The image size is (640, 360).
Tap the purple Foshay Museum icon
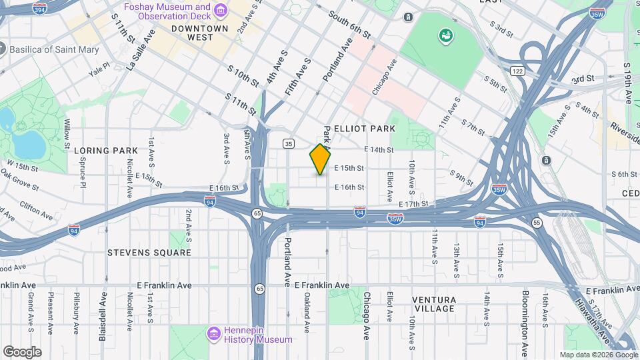point(221,10)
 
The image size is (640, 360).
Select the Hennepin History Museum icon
point(214,333)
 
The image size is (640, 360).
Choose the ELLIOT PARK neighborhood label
point(365,128)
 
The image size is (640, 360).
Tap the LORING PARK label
point(105,151)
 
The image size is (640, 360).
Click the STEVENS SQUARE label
point(149,253)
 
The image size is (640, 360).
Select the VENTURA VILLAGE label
point(434,304)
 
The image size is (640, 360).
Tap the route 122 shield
point(517,71)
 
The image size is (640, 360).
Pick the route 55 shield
point(537,222)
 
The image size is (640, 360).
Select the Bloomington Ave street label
point(525,323)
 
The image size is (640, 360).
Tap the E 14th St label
point(379,150)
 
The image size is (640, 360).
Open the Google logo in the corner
point(22,351)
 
